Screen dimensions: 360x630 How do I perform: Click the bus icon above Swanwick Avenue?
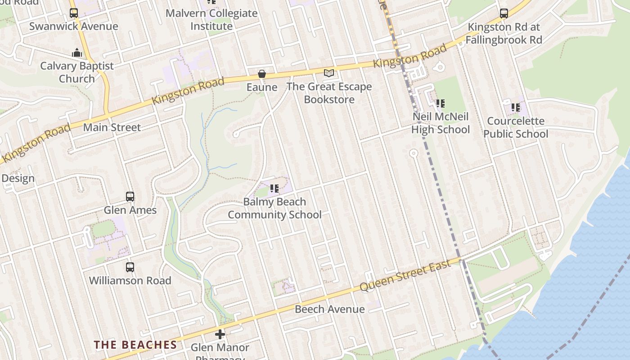pyautogui.click(x=73, y=13)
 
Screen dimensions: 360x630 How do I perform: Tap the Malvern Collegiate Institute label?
pyautogui.click(x=211, y=19)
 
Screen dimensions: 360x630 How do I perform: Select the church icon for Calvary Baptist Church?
pyautogui.click(x=77, y=53)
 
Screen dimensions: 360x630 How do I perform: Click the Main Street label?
pyautogui.click(x=112, y=127)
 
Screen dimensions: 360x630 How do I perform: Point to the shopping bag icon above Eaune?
pyautogui.click(x=262, y=74)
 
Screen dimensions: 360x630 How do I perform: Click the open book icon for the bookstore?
pyautogui.click(x=329, y=73)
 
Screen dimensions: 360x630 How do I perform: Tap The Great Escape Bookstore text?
pyautogui.click(x=329, y=93)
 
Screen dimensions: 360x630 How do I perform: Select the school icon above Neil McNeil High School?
pyautogui.click(x=441, y=103)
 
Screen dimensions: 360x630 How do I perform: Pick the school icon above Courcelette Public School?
pyautogui.click(x=516, y=108)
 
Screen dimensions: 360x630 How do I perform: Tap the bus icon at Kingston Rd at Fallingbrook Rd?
pyautogui.click(x=504, y=13)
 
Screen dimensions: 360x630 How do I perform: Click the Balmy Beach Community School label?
pyautogui.click(x=274, y=208)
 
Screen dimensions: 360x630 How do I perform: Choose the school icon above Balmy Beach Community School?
pyautogui.click(x=274, y=189)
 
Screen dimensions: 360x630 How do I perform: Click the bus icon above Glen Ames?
pyautogui.click(x=130, y=197)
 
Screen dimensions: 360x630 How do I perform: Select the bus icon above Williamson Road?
pyautogui.click(x=130, y=267)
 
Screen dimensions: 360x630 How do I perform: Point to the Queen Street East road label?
pyautogui.click(x=405, y=275)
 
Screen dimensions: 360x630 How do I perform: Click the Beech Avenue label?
pyautogui.click(x=329, y=309)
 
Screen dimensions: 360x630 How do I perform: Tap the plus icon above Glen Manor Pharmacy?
pyautogui.click(x=220, y=334)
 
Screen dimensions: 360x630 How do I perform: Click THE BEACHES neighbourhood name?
pyautogui.click(x=135, y=345)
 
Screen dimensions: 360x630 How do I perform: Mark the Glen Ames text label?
pyautogui.click(x=130, y=210)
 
